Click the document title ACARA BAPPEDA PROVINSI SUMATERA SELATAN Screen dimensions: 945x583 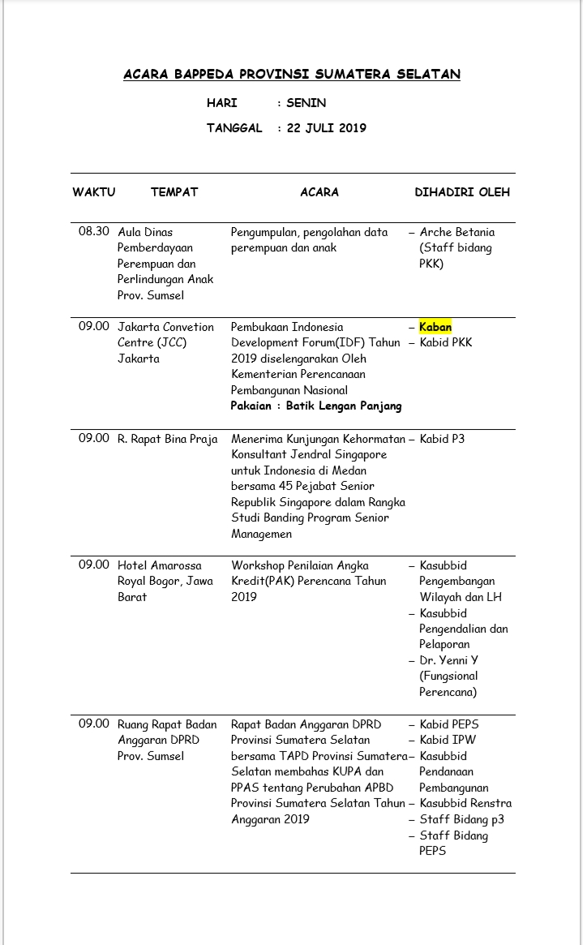point(292,75)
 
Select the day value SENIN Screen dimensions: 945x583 point(306,103)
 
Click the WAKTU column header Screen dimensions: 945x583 point(94,192)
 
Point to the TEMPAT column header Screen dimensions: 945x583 point(174,192)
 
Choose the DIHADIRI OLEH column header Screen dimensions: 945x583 point(462,192)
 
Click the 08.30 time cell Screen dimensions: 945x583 point(94,232)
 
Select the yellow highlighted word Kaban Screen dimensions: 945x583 point(435,327)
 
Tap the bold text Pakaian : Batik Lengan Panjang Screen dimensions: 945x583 point(316,406)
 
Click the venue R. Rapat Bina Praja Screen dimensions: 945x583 point(168,439)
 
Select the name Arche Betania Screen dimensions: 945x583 point(457,232)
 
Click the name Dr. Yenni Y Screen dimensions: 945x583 point(449,660)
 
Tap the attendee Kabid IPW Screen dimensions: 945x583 point(448,740)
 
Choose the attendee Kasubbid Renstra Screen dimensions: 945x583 point(465,803)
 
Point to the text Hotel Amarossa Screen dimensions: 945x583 point(161,565)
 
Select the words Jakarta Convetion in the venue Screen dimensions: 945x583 point(166,327)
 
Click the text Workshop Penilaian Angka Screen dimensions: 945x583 point(300,565)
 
